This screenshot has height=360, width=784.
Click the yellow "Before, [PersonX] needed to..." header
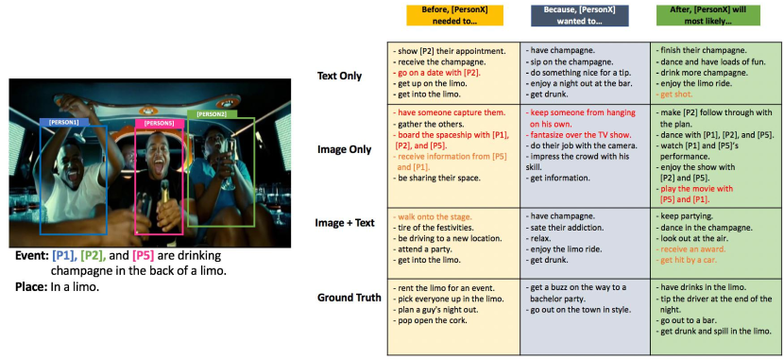pos(454,15)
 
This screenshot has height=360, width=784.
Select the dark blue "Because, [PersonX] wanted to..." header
pos(580,15)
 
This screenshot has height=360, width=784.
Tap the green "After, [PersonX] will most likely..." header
pos(708,15)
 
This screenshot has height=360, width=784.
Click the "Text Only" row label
pos(339,77)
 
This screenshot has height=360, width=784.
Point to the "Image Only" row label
pos(344,149)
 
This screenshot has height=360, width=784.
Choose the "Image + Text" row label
pos(345,223)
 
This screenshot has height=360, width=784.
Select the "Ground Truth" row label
pos(349,298)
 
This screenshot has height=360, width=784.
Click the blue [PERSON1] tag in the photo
pos(65,122)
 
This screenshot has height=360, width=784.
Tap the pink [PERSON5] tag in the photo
pos(159,123)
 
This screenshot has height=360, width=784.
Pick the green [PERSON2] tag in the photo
pos(212,114)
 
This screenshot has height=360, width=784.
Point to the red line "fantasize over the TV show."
pos(580,134)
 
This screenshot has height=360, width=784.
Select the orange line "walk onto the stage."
pos(432,217)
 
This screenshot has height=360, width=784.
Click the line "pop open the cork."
pos(430,320)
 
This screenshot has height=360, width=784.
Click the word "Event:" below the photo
pos(31,256)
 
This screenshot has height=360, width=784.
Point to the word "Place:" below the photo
pos(30,287)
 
